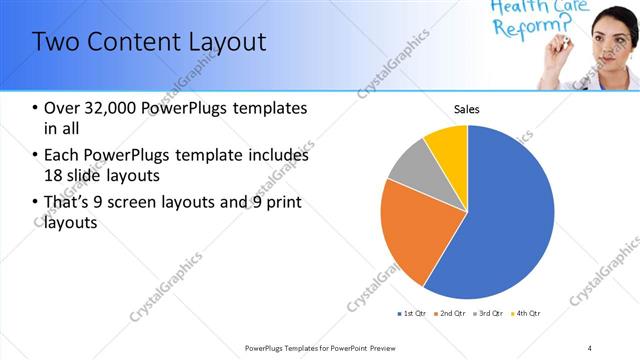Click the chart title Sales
click(467, 108)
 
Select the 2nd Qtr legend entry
click(451, 314)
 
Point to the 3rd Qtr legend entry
click(489, 314)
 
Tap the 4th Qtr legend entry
click(526, 314)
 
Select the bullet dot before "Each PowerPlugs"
click(36, 156)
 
